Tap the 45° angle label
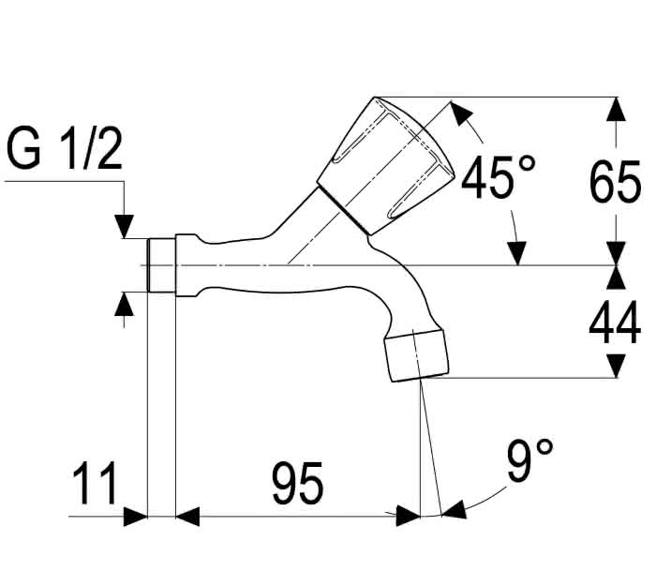[498, 176]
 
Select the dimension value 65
[615, 182]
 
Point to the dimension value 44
[615, 323]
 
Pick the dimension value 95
[298, 484]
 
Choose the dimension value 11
[95, 484]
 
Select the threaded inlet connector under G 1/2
[161, 265]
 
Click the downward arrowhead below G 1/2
[124, 226]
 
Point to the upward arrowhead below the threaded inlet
[124, 305]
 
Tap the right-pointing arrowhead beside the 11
[136, 517]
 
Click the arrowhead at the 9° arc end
[454, 509]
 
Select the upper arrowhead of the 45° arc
[461, 113]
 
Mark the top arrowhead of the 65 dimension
[617, 109]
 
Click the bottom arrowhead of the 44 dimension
[617, 366]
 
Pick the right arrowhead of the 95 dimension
[408, 517]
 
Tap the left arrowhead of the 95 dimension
[187, 517]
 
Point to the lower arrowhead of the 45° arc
[517, 253]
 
